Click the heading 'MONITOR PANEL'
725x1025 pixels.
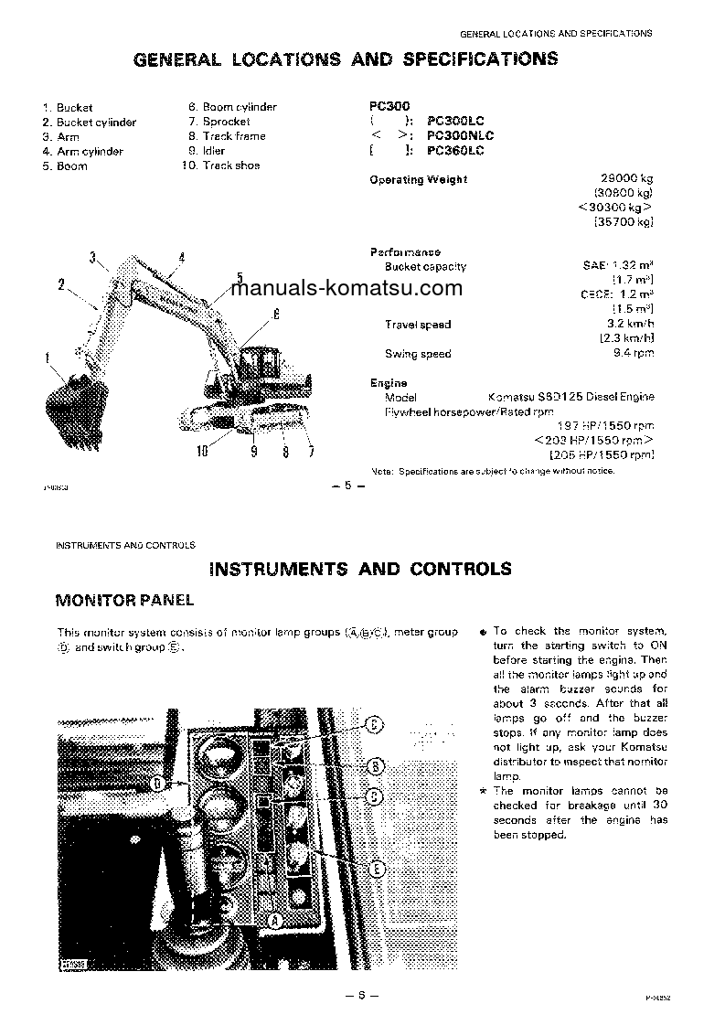[x=124, y=601]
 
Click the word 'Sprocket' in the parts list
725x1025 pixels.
[x=226, y=122]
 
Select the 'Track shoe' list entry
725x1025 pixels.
[x=230, y=165]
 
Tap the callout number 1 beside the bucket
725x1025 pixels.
[x=47, y=358]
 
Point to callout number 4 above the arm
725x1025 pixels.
[x=181, y=258]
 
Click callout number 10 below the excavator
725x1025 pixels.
[x=202, y=450]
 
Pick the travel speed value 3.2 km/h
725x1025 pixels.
[x=631, y=325]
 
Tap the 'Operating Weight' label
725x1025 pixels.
[x=418, y=180]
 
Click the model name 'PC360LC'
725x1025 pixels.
[x=455, y=151]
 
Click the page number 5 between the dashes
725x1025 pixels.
[x=347, y=486]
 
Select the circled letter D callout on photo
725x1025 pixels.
[x=156, y=783]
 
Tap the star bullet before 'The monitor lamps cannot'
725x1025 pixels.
[x=483, y=791]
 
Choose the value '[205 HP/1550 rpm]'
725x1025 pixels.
[x=601, y=455]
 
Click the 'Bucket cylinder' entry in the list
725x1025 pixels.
[x=96, y=123]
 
